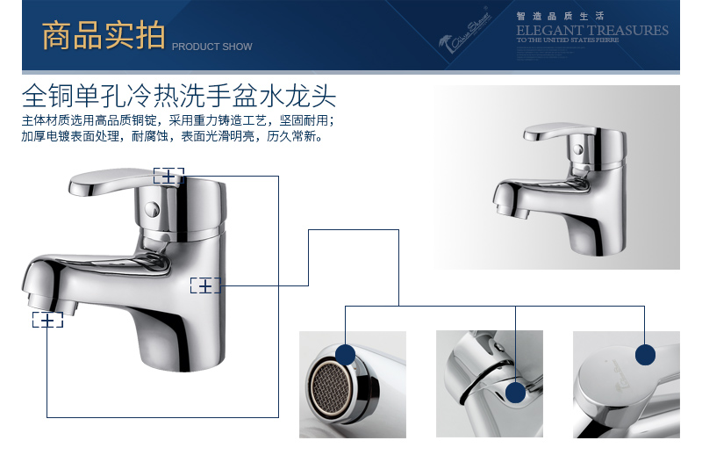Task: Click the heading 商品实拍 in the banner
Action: [104, 36]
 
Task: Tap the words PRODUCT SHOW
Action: [211, 47]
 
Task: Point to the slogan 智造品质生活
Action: [548, 15]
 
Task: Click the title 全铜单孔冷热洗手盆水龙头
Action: [179, 94]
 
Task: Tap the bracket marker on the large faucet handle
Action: [168, 176]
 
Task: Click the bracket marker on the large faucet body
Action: [205, 285]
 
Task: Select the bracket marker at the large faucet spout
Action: [47, 320]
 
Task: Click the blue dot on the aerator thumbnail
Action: [345, 355]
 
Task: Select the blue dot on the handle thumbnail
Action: [646, 354]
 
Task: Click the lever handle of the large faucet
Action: [114, 180]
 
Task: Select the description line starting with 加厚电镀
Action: [172, 137]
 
